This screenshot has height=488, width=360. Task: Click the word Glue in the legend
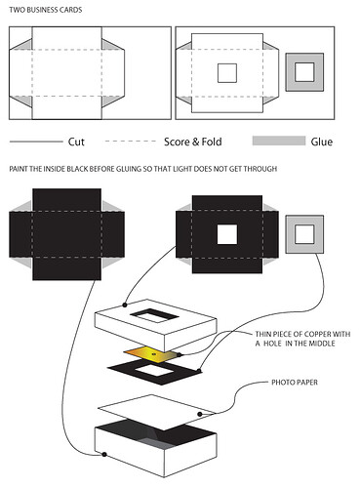tap(321, 142)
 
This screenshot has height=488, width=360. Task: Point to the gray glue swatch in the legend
tap(278, 142)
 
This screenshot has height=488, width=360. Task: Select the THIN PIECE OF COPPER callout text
tap(298, 339)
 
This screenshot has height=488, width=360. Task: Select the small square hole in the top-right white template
tap(226, 73)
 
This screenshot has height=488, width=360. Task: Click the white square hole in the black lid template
tap(227, 234)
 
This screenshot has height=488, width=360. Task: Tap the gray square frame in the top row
tap(304, 72)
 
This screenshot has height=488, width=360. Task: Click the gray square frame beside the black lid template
tap(304, 233)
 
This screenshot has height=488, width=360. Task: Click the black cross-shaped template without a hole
tap(67, 233)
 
